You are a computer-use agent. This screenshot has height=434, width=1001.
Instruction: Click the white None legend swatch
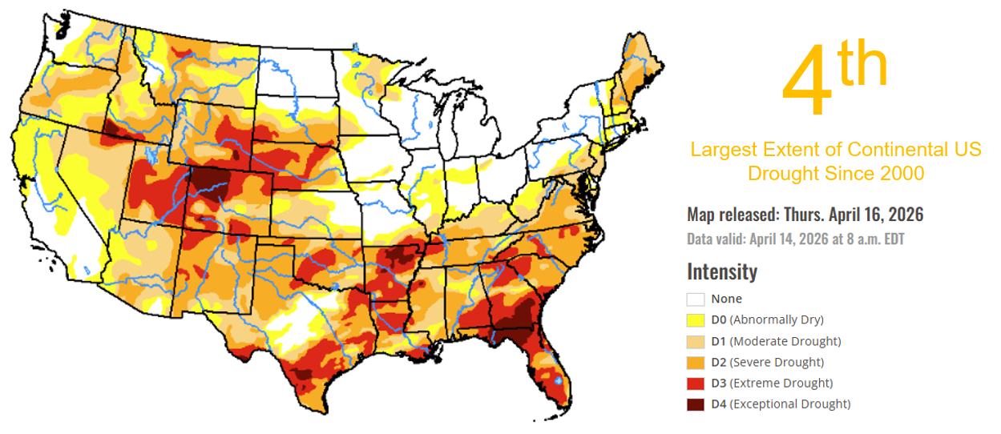695,299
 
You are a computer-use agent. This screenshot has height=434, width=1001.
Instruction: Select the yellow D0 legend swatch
695,320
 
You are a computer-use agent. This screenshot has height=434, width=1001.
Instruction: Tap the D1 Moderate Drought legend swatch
695,341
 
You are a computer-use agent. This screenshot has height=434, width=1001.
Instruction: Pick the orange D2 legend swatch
695,362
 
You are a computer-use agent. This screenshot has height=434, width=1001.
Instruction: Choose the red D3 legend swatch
695,383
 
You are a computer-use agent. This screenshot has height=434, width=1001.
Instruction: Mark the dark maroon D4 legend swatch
695,404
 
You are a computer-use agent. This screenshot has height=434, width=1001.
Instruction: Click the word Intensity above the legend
721,271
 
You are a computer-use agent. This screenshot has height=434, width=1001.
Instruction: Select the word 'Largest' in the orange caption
720,150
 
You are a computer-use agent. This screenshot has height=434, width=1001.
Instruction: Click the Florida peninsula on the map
553,364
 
